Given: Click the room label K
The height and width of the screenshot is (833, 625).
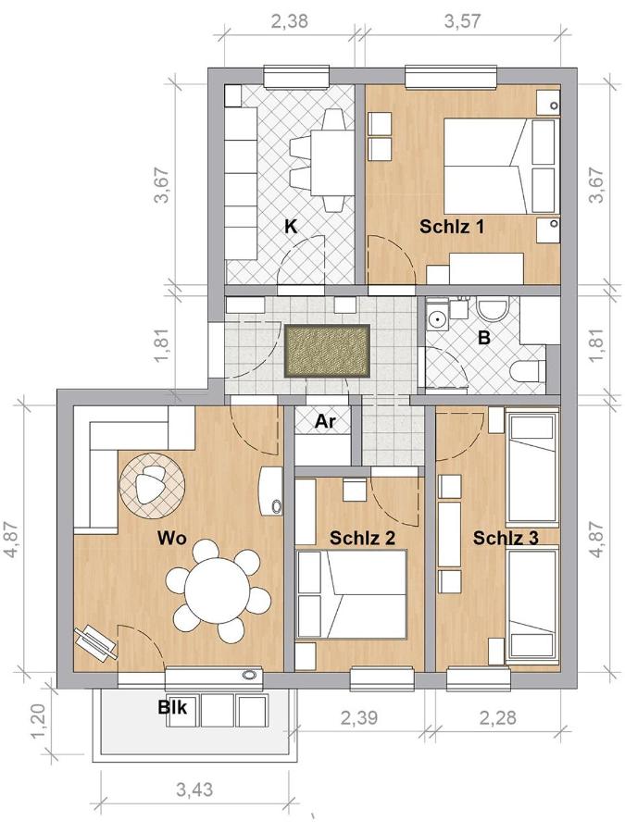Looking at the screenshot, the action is click(291, 227).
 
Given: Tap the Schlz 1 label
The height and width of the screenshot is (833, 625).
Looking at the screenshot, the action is click(452, 227).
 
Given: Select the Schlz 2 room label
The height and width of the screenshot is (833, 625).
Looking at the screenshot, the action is click(362, 538).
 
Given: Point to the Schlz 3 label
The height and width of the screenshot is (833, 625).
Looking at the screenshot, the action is click(506, 538).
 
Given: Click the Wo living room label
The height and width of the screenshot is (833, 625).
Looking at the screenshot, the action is click(172, 538).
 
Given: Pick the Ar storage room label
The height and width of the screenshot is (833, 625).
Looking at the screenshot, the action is click(325, 421).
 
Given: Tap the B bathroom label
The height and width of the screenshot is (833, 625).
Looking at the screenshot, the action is click(483, 338).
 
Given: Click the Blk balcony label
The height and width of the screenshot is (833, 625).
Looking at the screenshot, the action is click(173, 707).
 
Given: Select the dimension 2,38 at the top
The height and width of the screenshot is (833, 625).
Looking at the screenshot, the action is click(289, 22).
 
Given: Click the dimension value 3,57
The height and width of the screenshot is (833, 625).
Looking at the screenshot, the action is click(462, 22).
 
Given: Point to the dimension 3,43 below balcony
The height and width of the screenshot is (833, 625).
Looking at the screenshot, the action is click(194, 789).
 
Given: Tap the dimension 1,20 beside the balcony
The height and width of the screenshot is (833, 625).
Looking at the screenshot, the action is click(40, 720).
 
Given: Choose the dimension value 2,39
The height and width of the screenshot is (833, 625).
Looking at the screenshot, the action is click(358, 717).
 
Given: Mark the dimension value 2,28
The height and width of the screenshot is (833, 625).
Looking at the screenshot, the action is click(497, 717).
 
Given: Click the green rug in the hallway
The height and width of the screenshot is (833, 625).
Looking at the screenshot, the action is click(327, 351).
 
